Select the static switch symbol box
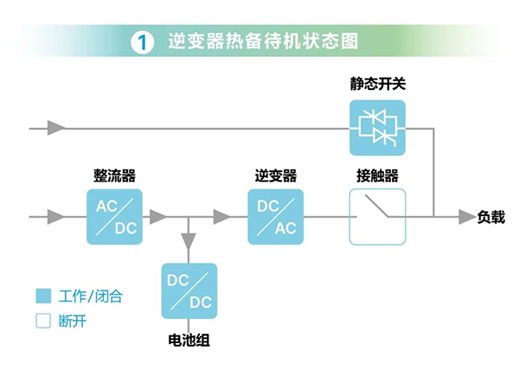tap(378, 129)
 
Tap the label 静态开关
tap(378, 85)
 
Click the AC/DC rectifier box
tap(114, 216)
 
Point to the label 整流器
tap(114, 175)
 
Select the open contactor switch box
tap(377, 216)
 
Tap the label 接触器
tap(377, 175)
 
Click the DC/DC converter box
tap(189, 291)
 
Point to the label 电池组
tap(189, 340)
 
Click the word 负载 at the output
tap(490, 217)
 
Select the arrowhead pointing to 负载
tap(465, 216)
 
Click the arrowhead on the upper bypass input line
tap(57, 129)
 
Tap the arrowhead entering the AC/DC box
tap(57, 216)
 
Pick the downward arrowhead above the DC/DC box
tap(189, 238)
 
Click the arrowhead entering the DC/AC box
tap(222, 216)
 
